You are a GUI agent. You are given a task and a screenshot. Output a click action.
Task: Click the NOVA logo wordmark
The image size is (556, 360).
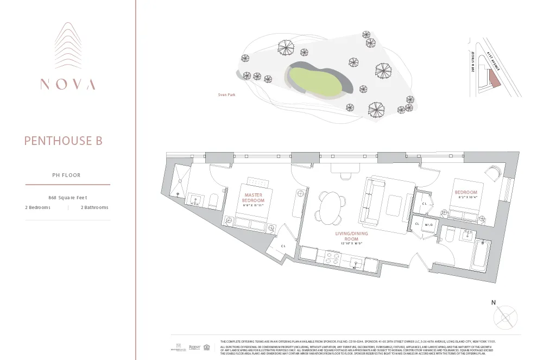coord(68,84)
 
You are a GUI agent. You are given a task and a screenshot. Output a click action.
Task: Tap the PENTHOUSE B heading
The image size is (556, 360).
coord(63,141)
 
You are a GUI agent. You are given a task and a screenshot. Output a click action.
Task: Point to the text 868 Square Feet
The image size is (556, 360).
coord(68,198)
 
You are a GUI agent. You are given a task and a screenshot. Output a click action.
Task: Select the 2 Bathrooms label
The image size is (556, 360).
coord(94,207)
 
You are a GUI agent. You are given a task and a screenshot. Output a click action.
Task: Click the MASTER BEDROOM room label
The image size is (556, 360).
coord(253,198)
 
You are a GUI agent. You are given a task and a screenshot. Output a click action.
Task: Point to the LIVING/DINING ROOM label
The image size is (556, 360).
coord(351,236)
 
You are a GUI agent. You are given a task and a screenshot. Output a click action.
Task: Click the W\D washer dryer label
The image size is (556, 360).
coord(429,224)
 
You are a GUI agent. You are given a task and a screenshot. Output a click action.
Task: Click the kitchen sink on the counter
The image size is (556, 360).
coord(356,264)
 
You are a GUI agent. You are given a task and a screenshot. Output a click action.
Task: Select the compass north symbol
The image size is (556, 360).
coord(505,315)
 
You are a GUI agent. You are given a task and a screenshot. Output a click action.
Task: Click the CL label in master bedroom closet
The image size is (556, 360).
coord(283,246)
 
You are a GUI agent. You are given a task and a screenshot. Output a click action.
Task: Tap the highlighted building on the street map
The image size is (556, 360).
coord(494,81)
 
